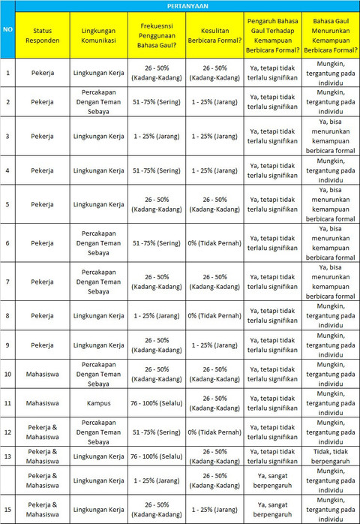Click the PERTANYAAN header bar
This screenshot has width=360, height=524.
[187, 6]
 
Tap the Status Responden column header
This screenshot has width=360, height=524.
[43, 35]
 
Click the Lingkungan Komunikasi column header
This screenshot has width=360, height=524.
[98, 35]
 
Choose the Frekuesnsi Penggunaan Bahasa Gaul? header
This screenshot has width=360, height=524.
[157, 35]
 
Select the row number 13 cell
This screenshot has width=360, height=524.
[7, 456]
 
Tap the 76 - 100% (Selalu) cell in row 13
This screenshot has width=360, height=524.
[157, 456]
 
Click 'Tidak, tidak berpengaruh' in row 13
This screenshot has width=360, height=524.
[330, 456]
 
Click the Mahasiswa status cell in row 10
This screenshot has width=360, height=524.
[43, 373]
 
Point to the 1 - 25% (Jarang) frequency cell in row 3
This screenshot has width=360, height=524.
[157, 137]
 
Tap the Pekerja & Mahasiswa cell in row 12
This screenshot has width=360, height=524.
[43, 432]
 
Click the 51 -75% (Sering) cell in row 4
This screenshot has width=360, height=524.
[157, 170]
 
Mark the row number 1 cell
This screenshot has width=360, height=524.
[7, 74]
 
